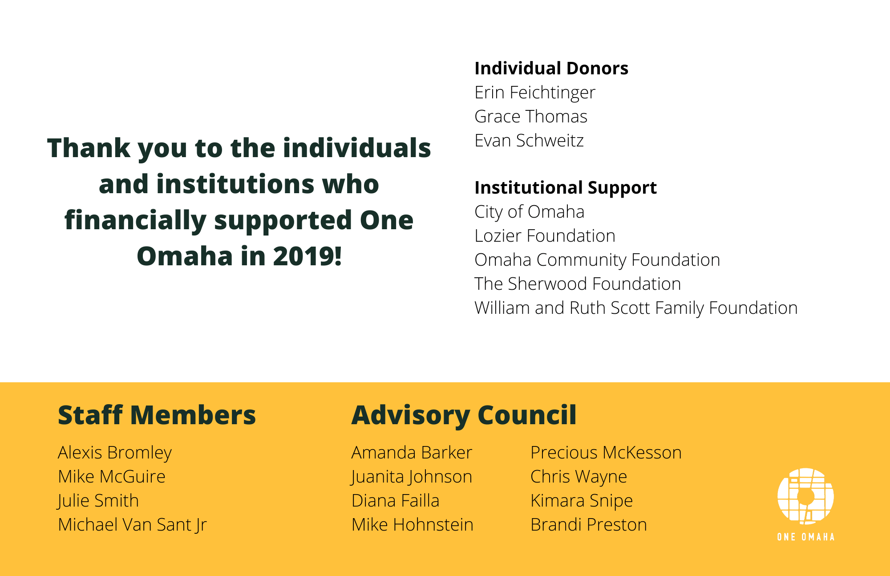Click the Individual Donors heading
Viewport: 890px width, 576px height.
551,68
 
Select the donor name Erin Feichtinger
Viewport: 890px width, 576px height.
535,93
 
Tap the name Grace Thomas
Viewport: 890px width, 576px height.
531,117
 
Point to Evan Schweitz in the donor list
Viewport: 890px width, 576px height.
529,141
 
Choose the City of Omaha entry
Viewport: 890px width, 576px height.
530,212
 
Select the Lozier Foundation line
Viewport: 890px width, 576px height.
545,236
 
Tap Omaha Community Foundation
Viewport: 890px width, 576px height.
597,260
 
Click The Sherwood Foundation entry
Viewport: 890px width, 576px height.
578,284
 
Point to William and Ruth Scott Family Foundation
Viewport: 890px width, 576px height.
636,308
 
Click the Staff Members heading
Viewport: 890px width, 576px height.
157,415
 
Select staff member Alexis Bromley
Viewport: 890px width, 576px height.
115,453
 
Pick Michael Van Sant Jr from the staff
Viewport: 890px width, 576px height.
132,525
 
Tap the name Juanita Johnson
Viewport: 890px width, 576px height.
412,477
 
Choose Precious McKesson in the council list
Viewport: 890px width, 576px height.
606,453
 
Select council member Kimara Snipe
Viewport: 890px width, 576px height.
582,501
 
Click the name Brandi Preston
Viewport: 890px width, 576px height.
589,525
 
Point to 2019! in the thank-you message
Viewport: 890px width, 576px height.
307,256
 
